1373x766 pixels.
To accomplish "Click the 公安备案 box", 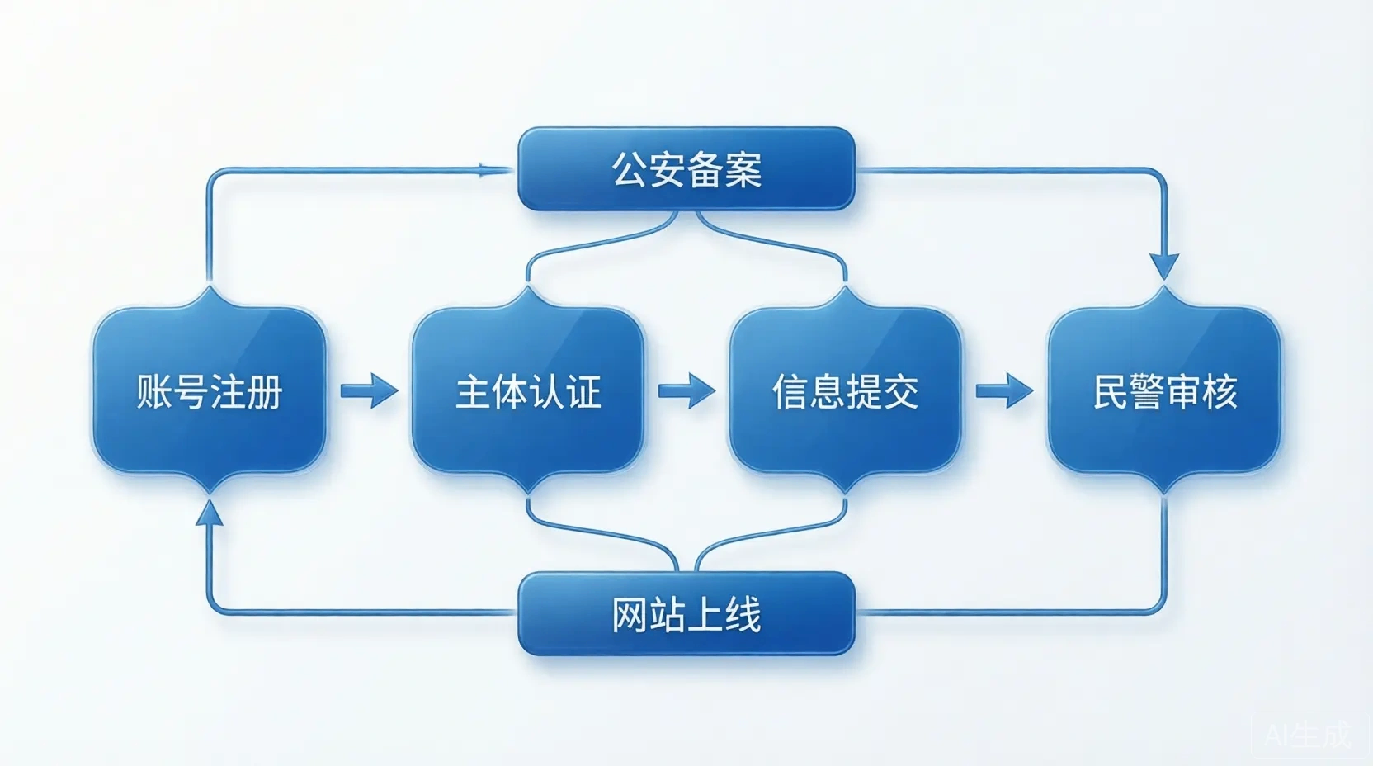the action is [686, 168].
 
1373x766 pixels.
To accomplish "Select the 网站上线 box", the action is [686, 613].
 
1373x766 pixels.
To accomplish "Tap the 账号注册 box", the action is [210, 390].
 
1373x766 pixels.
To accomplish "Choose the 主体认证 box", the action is [528, 390].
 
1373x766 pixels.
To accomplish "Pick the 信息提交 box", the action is [846, 390].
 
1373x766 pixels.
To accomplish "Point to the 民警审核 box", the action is [1164, 390].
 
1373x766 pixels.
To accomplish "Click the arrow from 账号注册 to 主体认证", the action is [369, 390].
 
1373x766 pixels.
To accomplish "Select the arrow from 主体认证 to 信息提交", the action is [686, 390].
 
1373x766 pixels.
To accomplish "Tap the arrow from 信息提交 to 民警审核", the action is [1005, 390].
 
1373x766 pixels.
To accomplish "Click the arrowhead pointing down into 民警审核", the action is [1164, 266].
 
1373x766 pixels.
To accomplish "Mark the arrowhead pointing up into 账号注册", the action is [210, 513].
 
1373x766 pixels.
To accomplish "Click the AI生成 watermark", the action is [1308, 735].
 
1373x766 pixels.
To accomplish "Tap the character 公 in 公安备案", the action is [630, 169].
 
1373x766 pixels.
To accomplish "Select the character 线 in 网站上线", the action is [743, 614].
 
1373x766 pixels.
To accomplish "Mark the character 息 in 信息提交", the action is [828, 391].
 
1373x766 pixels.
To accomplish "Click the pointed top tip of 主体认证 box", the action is [528, 286].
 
